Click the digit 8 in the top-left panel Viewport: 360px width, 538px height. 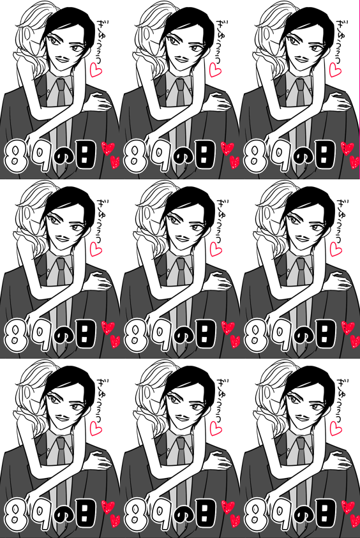15,157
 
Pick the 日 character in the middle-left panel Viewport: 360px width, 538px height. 86,334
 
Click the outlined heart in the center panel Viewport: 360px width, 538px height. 216,249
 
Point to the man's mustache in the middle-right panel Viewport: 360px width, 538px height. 303,237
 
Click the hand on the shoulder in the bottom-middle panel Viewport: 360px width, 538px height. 218,461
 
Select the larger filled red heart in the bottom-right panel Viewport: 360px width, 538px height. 347,507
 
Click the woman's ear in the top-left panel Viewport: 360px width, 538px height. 28,34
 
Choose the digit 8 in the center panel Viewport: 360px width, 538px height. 135,336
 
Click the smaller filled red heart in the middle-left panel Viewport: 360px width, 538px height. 115,341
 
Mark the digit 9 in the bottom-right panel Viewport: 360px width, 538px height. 282,514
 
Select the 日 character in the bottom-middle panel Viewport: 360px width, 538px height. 206,513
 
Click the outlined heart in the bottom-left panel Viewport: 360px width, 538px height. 96,428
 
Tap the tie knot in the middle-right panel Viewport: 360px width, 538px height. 301,262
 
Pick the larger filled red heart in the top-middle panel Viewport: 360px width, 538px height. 227,148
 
